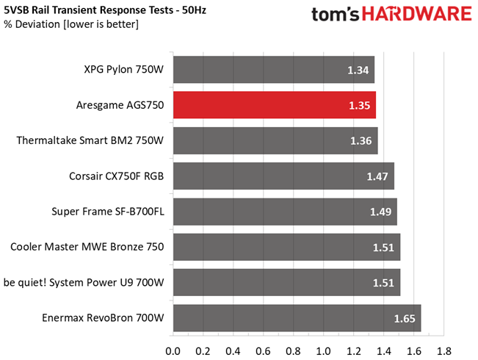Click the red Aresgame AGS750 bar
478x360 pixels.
tap(275, 105)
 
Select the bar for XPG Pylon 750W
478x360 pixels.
tap(274, 70)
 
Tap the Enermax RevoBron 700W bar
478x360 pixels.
tap(297, 318)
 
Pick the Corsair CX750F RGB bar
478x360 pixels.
tap(284, 176)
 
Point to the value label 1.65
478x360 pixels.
tap(405, 319)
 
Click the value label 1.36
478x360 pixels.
tap(361, 141)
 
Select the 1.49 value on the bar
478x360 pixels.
tap(380, 212)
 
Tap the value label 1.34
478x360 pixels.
tap(358, 71)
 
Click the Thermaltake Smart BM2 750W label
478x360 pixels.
tap(90, 140)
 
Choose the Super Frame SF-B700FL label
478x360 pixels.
tap(108, 212)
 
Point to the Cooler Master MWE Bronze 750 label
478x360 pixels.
tap(87, 247)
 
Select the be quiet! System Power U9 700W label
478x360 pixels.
tap(84, 283)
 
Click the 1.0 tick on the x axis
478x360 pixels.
tap(324, 351)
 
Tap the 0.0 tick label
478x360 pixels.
tap(173, 351)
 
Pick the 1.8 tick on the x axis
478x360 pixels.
tap(443, 351)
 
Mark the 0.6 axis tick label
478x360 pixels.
tap(263, 351)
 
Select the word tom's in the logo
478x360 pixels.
tap(336, 14)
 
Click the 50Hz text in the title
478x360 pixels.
tap(194, 10)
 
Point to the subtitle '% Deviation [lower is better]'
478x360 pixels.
tap(71, 24)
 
